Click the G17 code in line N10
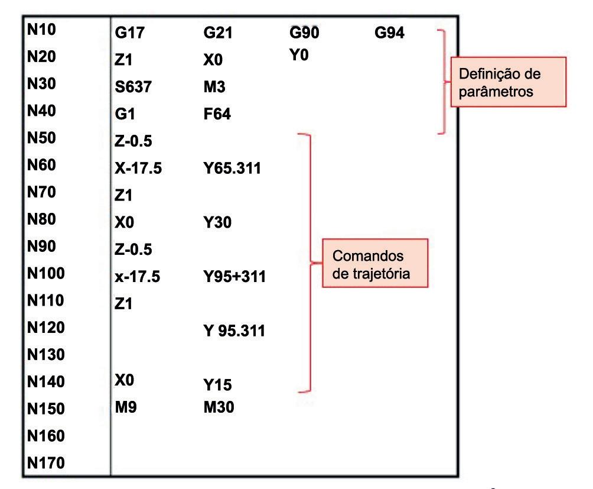coord(129,34)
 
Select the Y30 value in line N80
coord(214,224)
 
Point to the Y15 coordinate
coord(214,386)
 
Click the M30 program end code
coord(215,407)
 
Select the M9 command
coord(126,407)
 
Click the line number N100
coord(45,273)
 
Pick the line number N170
coord(45,462)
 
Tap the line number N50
coord(42,138)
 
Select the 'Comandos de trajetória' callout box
coord(374,263)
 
